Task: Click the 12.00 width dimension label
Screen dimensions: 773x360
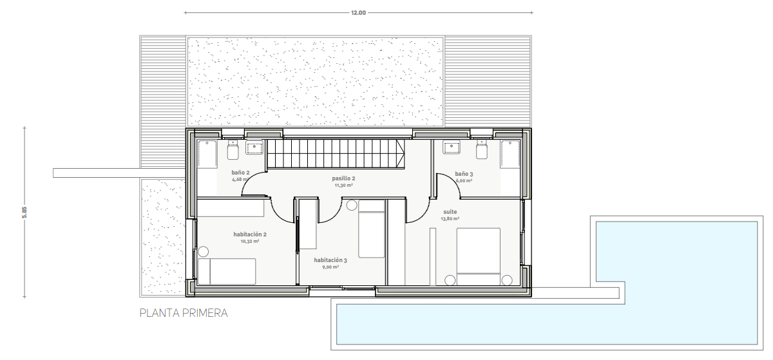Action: coord(358,13)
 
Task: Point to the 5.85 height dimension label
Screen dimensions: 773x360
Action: coord(24,213)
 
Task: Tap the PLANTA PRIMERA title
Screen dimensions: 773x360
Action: coord(184,313)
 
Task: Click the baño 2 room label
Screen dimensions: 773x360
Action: coord(240,173)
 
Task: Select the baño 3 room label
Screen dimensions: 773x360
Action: coord(464,174)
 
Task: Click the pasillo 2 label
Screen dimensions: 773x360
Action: coord(343,178)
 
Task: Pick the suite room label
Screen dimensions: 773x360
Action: coord(450,212)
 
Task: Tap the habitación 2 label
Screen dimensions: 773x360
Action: coord(250,234)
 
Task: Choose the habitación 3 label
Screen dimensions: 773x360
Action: coord(330,260)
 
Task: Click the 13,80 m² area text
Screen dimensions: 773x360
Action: coord(450,219)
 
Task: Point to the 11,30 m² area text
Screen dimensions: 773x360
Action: coord(343,185)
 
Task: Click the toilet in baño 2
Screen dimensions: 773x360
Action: coord(233,150)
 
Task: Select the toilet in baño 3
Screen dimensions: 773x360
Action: coord(482,150)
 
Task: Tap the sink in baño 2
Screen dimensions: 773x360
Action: coord(254,147)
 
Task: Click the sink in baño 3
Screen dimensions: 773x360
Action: coord(452,147)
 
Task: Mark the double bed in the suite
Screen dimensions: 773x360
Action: coord(478,256)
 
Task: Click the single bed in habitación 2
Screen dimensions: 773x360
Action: coord(227,271)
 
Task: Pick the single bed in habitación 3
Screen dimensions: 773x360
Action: coord(371,229)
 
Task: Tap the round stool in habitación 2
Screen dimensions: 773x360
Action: coord(204,252)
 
